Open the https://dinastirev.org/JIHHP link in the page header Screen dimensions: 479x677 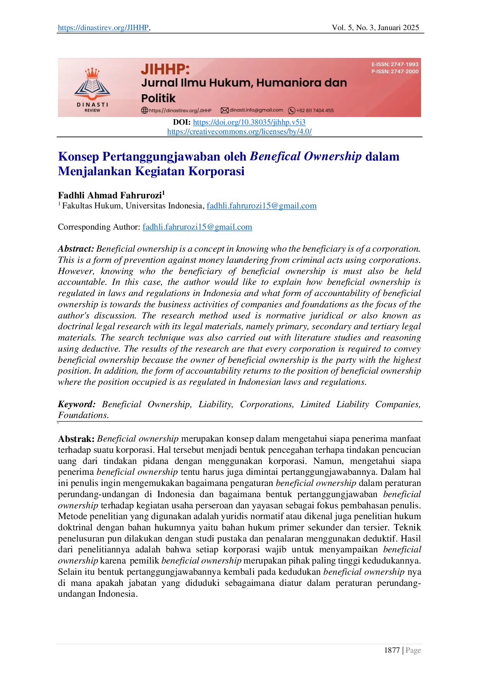tap(103, 27)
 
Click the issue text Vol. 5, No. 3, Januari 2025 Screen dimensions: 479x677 tap(375, 27)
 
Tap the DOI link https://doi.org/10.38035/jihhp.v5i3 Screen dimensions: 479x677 tap(249, 122)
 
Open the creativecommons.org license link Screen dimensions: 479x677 tap(239, 131)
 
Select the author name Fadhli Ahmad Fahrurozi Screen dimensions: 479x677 tap(110, 195)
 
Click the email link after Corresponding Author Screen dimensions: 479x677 tap(197, 227)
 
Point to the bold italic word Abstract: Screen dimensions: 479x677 tap(76, 249)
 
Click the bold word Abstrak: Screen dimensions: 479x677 tap(76, 439)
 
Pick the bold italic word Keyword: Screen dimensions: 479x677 tap(77, 404)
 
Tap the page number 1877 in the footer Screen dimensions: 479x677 tap(392, 650)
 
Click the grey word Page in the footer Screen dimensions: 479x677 tap(413, 650)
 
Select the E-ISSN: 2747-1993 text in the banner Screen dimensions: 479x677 tap(395, 64)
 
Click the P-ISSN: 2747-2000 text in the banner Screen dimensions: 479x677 tap(395, 71)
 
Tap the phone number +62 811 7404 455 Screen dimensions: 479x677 tap(315, 110)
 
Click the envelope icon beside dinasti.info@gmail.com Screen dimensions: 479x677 tap(224, 110)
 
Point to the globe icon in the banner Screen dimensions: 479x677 tap(144, 110)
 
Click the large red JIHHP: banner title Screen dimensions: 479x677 tap(165, 69)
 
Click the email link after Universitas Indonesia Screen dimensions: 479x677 tap(262, 206)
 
